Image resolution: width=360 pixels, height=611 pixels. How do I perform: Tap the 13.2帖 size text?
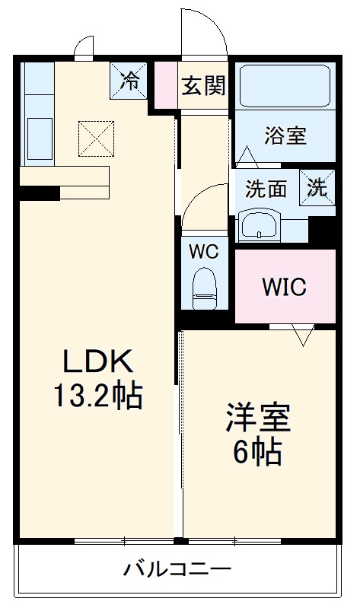tap(97, 395)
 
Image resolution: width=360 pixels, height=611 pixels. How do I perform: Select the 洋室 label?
tap(257, 418)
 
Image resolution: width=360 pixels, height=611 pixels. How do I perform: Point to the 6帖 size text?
tap(257, 453)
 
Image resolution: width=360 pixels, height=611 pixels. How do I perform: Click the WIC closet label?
tap(284, 287)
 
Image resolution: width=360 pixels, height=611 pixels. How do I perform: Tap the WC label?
tap(204, 250)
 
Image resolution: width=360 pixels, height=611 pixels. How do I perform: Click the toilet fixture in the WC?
tap(204, 285)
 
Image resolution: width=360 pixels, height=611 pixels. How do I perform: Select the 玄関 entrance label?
tap(203, 85)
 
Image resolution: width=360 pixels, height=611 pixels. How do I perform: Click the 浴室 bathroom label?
tap(285, 135)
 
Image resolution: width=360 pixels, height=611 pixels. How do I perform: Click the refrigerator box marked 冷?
tap(132, 80)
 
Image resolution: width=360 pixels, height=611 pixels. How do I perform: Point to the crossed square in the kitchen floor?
tap(95, 138)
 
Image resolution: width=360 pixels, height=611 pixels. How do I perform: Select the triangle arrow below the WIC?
tap(302, 335)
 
